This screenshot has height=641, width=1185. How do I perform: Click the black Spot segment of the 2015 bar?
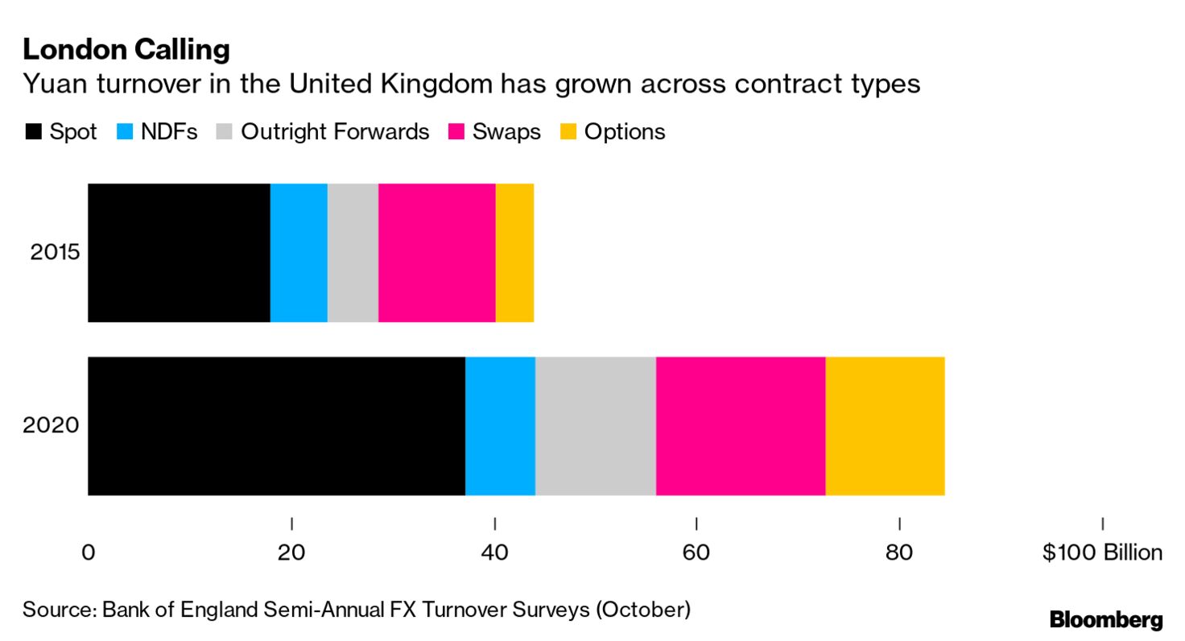click(179, 253)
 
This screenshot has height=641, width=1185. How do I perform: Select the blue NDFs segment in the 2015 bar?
click(299, 253)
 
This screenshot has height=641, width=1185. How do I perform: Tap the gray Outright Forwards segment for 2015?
click(353, 253)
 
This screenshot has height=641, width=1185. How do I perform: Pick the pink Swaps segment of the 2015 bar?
click(436, 253)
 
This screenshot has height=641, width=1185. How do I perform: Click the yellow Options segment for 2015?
click(514, 253)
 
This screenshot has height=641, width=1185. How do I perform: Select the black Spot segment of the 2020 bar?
click(276, 426)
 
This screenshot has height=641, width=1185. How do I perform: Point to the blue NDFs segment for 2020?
click(500, 426)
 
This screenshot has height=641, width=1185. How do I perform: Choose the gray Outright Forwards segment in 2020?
click(595, 426)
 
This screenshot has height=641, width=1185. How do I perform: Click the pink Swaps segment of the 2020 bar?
click(741, 426)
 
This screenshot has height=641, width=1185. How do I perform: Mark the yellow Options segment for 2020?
click(885, 426)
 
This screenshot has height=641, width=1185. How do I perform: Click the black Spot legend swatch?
click(33, 132)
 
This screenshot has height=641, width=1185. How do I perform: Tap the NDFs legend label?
click(169, 132)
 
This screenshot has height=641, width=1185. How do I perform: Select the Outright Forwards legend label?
click(335, 132)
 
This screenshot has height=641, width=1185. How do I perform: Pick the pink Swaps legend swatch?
click(457, 132)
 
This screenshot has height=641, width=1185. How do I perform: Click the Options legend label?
click(625, 132)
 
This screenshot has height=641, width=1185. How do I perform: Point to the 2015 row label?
click(56, 253)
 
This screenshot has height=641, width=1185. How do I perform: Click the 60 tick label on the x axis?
click(696, 553)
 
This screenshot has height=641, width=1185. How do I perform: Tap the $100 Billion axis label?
click(1102, 553)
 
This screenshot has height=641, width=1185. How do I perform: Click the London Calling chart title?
click(126, 50)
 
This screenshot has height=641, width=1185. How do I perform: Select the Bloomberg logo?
click(1106, 620)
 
